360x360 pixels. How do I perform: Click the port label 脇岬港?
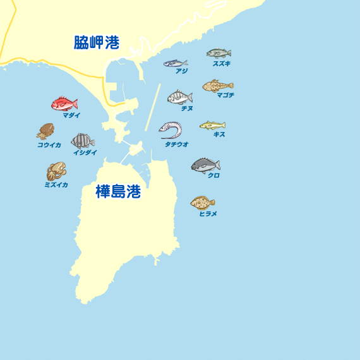click(x=96, y=43)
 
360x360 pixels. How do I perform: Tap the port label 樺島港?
click(x=118, y=192)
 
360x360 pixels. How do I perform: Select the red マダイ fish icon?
click(x=64, y=103)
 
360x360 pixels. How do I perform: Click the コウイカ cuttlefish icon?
click(x=45, y=131)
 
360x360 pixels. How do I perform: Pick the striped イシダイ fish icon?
click(x=83, y=140)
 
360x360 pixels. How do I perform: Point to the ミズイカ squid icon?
click(x=56, y=171)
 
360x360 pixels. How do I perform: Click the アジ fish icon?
click(x=176, y=63)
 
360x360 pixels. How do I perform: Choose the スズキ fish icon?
click(x=219, y=53)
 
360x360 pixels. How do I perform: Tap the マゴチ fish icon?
click(x=218, y=85)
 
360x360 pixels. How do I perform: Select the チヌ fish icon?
click(x=179, y=97)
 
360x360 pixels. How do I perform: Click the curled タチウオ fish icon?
click(x=171, y=130)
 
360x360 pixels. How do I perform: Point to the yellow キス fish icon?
click(x=213, y=125)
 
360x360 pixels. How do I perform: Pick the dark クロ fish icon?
click(x=205, y=165)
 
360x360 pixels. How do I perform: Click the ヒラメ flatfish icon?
click(x=203, y=202)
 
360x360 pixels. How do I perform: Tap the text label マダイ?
click(x=71, y=115)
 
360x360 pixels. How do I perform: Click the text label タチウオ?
click(x=177, y=144)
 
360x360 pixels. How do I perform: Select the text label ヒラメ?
click(x=208, y=213)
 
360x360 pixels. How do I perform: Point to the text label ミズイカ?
click(x=56, y=184)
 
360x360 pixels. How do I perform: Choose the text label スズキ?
click(x=222, y=63)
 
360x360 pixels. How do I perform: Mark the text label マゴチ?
click(x=225, y=95)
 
